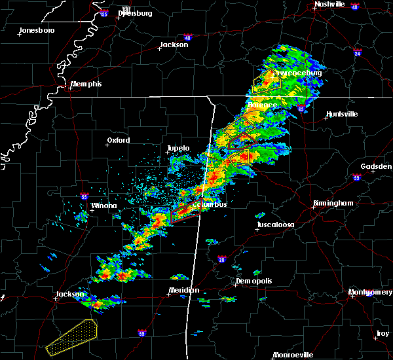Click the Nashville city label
329,4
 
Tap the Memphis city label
86,84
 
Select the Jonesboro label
37,31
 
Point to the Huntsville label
342,114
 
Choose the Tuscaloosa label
275,225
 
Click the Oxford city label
119,140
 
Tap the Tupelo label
178,149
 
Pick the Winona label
103,206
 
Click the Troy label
383,334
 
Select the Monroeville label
293,355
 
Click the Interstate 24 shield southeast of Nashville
357,50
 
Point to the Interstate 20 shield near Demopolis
221,259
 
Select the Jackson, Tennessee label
174,46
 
